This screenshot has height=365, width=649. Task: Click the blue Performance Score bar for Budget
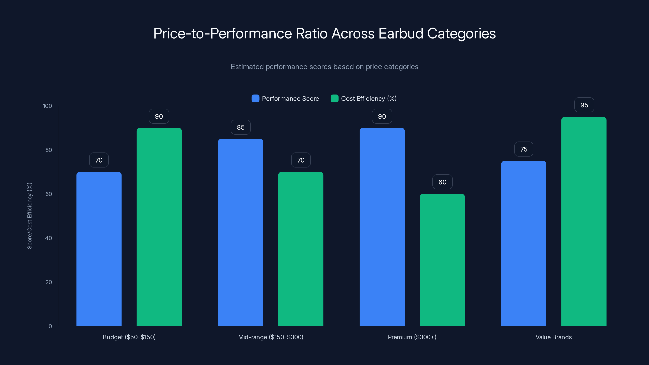click(99, 249)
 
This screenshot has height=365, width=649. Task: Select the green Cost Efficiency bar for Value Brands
click(584, 221)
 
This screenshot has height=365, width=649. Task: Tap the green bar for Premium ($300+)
click(442, 260)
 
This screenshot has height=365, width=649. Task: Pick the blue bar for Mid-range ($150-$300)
click(240, 232)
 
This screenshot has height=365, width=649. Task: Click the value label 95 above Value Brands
click(584, 105)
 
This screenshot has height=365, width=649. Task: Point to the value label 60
click(442, 182)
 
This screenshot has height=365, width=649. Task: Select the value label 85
click(240, 128)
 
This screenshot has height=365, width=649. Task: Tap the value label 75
click(523, 149)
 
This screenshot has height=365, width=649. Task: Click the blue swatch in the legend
click(255, 99)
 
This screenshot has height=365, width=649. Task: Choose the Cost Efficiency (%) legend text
click(369, 99)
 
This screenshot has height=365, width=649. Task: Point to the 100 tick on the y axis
click(47, 106)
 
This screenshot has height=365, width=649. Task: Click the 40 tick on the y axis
click(48, 238)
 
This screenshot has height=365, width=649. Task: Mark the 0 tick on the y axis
click(50, 326)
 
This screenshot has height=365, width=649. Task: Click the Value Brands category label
click(553, 337)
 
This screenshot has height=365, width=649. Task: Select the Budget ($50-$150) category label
click(129, 337)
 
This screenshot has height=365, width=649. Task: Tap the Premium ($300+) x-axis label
click(412, 337)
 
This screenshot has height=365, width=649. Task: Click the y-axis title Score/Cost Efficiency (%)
click(29, 216)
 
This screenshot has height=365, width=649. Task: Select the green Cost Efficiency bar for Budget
click(159, 227)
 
